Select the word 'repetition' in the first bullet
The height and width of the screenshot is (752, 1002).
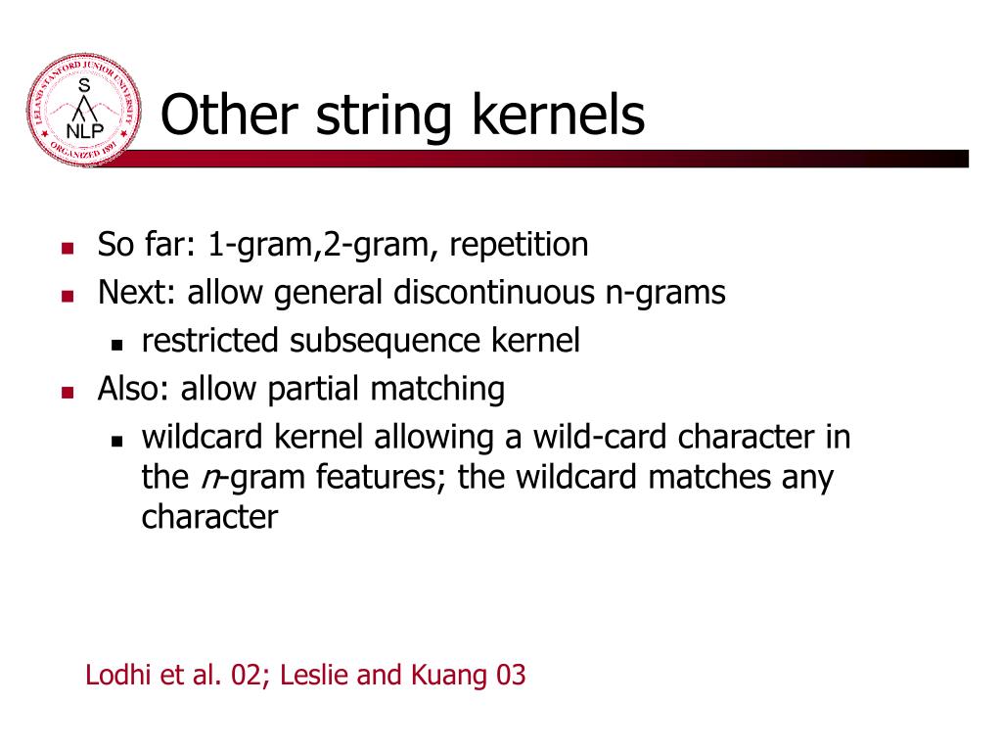pyautogui.click(x=519, y=245)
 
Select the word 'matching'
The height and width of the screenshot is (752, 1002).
pyautogui.click(x=437, y=389)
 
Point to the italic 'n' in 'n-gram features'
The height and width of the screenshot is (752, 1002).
pyautogui.click(x=208, y=478)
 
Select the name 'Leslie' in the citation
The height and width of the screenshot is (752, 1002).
pyautogui.click(x=311, y=675)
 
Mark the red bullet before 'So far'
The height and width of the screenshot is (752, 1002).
pyautogui.click(x=68, y=248)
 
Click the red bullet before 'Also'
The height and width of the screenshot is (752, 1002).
pyautogui.click(x=68, y=392)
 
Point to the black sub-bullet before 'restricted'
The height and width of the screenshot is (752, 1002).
pyautogui.click(x=117, y=344)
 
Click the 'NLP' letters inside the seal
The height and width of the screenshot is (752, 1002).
pyautogui.click(x=83, y=131)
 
